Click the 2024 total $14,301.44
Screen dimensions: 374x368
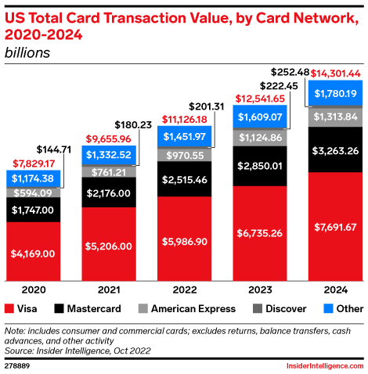(334, 73)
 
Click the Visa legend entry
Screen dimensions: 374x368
(21, 309)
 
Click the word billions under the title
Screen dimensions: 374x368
(28, 53)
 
